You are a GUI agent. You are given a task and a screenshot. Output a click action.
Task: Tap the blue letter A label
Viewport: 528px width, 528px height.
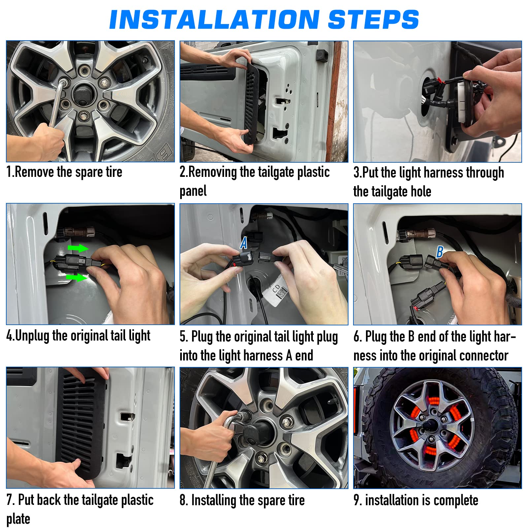click(x=244, y=243)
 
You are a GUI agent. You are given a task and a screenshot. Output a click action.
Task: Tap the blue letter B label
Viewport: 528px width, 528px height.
click(x=440, y=252)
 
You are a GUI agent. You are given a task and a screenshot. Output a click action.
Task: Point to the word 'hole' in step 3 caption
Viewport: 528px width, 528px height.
click(x=419, y=191)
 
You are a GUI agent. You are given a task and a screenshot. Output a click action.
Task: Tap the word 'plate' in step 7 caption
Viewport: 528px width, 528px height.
click(x=18, y=519)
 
